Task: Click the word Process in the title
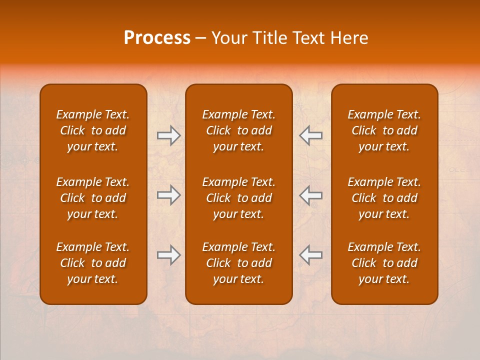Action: point(157,38)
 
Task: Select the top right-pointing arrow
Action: point(169,135)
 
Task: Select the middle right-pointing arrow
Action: point(169,195)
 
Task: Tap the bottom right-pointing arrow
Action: point(169,255)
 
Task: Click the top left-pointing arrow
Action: point(310,135)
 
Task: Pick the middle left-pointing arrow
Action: point(310,195)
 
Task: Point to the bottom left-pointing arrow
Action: point(310,255)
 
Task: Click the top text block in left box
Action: point(93,130)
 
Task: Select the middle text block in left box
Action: point(93,198)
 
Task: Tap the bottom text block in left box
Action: point(93,263)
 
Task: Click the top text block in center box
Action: point(238,130)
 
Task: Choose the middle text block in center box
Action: point(238,198)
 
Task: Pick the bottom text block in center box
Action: point(238,263)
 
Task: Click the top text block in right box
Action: point(384,130)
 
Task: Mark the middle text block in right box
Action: point(384,198)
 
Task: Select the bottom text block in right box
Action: point(384,263)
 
